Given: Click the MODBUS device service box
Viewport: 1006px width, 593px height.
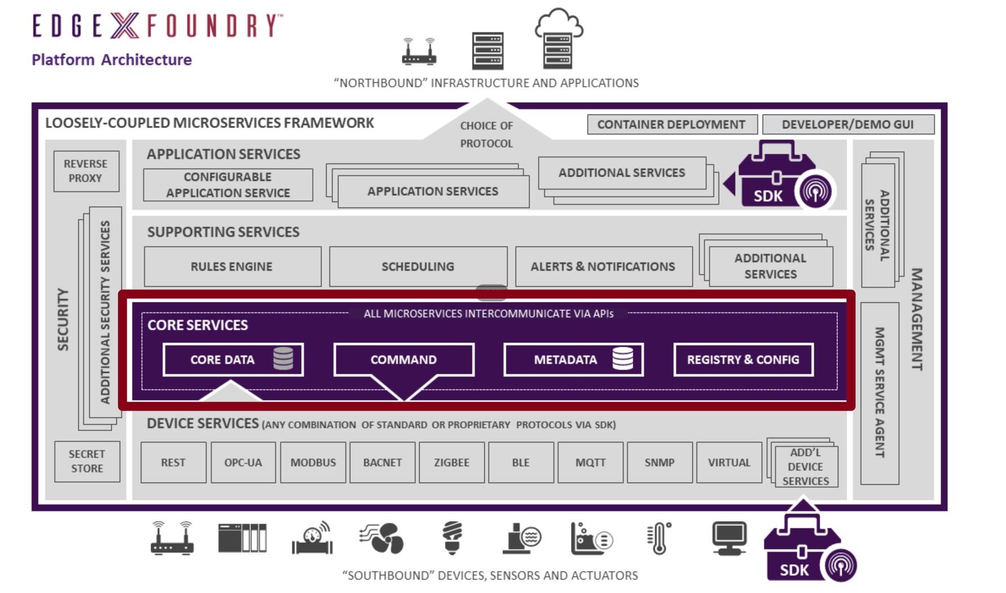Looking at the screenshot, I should pyautogui.click(x=313, y=463).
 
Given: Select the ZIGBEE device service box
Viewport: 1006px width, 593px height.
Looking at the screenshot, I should pyautogui.click(x=452, y=463).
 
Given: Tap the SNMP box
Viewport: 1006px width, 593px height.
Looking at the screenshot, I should pyautogui.click(x=659, y=463).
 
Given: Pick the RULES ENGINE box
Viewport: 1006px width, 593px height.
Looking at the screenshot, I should pyautogui.click(x=232, y=266).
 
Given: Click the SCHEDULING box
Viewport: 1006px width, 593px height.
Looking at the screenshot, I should pyautogui.click(x=418, y=266).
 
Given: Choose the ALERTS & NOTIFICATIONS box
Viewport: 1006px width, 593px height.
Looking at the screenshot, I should pyautogui.click(x=603, y=266).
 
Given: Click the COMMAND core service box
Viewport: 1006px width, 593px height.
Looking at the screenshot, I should pyautogui.click(x=403, y=359).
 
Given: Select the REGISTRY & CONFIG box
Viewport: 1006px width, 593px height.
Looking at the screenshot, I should pyautogui.click(x=743, y=359).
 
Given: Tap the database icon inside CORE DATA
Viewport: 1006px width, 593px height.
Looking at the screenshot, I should pyautogui.click(x=283, y=358).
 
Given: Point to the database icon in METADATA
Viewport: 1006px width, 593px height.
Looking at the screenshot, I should pyautogui.click(x=623, y=358).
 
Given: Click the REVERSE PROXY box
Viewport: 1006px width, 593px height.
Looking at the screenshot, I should pyautogui.click(x=86, y=171).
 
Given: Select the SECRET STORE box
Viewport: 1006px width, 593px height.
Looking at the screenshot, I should pyautogui.click(x=87, y=461).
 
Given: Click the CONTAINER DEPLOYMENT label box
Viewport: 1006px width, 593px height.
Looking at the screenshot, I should pyautogui.click(x=671, y=124).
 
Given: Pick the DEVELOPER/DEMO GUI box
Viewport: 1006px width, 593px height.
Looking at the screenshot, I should pyautogui.click(x=848, y=124).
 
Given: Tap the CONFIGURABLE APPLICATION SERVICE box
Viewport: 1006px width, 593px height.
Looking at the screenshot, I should pyautogui.click(x=228, y=185).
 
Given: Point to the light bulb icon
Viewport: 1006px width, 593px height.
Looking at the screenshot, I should pyautogui.click(x=452, y=537).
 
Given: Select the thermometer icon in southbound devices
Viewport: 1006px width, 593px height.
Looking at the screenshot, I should pyautogui.click(x=659, y=537).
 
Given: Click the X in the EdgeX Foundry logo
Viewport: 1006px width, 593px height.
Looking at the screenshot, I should pyautogui.click(x=125, y=25).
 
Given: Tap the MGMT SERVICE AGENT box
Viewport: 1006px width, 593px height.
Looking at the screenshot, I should pyautogui.click(x=879, y=393).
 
